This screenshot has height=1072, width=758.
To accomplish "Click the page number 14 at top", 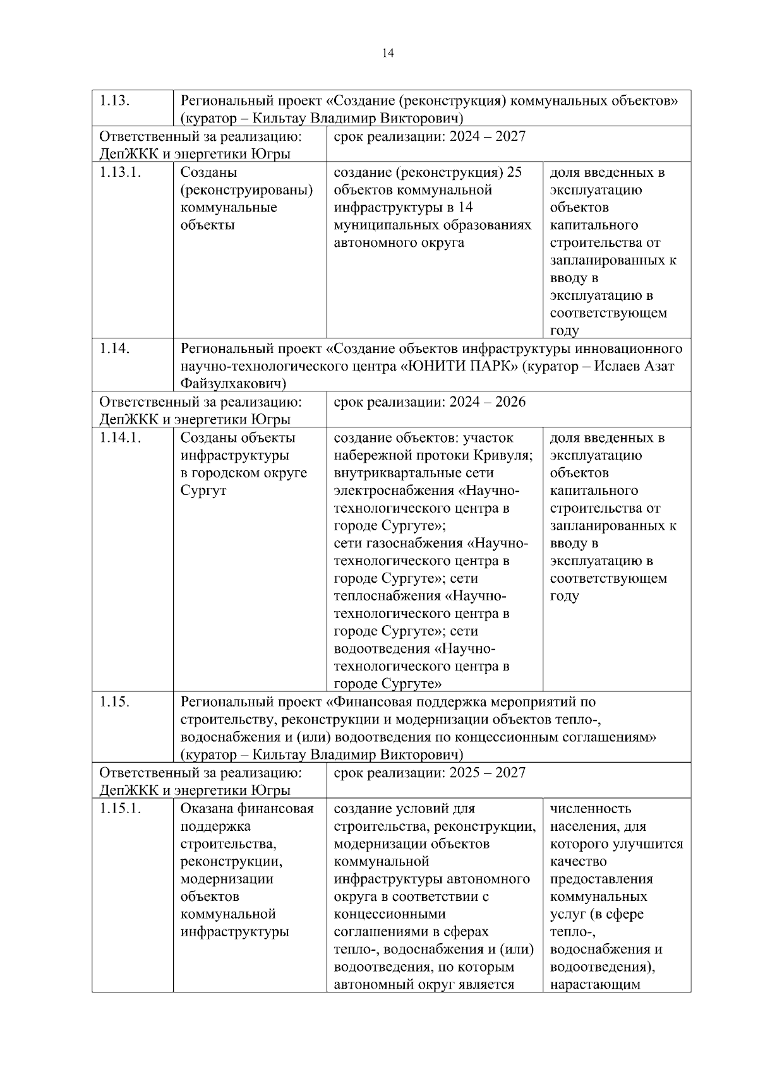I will click(x=388, y=54).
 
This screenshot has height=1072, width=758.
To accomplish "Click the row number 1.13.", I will click(x=115, y=101).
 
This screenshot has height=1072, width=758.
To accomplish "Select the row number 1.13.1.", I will click(x=120, y=172).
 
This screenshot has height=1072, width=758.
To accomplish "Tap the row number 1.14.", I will click(x=115, y=348).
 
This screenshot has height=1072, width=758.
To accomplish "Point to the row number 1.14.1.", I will click(x=120, y=438).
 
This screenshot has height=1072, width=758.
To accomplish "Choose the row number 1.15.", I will click(x=115, y=702).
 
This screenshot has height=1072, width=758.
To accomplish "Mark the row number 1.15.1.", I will click(x=120, y=809).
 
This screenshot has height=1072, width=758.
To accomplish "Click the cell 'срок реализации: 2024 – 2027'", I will click(x=430, y=137).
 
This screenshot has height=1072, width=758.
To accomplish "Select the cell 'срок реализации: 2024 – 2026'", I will click(x=430, y=402).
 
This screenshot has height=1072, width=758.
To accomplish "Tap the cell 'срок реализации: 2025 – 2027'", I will click(x=430, y=773).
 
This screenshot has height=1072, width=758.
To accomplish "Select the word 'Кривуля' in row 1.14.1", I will click(x=506, y=456).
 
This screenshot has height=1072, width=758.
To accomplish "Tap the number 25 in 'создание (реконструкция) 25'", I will click(x=514, y=172).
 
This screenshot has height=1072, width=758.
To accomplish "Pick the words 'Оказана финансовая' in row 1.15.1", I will click(x=247, y=809).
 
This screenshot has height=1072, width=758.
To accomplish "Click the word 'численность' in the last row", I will click(x=591, y=809).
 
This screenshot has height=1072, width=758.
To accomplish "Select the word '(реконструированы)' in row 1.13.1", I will click(x=247, y=190).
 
